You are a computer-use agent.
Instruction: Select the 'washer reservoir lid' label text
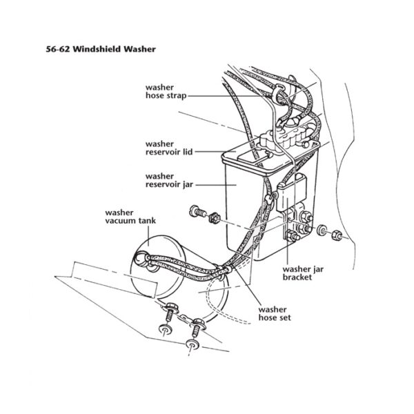tap(168, 147)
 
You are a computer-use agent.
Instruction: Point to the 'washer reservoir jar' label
tap(168, 180)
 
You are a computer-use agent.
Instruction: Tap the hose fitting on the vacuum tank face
tap(141, 259)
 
